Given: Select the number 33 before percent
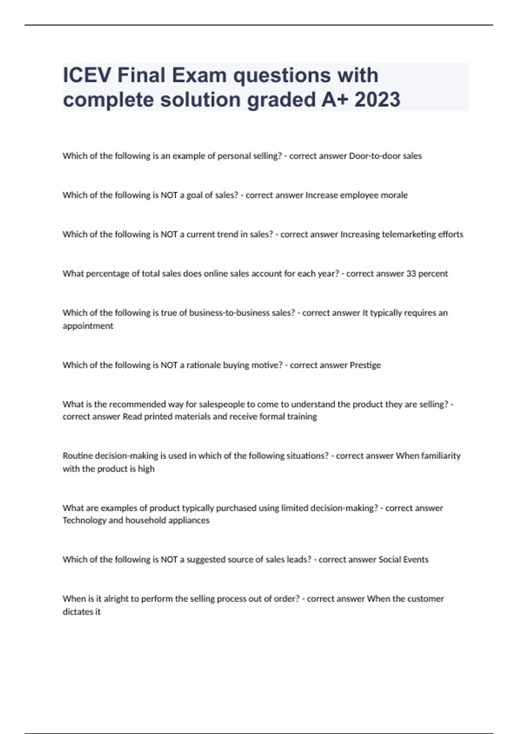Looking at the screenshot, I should tap(411, 274).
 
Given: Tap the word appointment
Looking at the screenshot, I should tap(88, 326).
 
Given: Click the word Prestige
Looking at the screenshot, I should tap(365, 365).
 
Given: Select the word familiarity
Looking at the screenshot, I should tap(439, 456).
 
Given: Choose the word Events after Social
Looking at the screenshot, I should tap(416, 560).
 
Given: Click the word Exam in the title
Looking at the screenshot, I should tap(199, 76).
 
